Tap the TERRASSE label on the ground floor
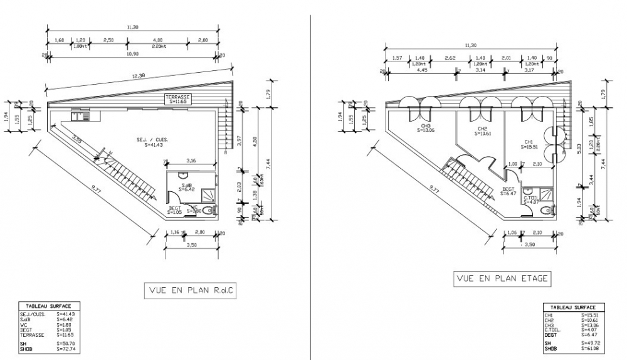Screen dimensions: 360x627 point(179,99)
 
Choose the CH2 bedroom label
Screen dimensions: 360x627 point(482,130)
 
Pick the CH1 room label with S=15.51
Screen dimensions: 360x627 point(529,145)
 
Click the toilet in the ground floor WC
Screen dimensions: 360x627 point(213,210)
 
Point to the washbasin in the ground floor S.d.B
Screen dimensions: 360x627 point(184,174)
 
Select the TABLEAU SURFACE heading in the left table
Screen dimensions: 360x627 point(50,307)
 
